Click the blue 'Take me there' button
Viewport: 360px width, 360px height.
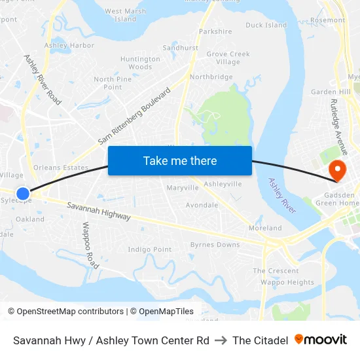[x=180, y=160]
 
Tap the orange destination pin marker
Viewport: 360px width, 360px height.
[x=338, y=171]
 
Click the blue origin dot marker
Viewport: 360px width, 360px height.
[x=23, y=194]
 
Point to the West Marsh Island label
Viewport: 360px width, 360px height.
[x=126, y=15]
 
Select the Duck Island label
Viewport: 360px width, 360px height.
[x=266, y=26]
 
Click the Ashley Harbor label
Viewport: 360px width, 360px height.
[x=69, y=46]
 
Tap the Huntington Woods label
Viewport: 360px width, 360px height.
[x=140, y=63]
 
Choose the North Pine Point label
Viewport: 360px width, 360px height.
[x=113, y=83]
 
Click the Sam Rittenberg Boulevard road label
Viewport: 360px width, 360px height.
[x=134, y=117]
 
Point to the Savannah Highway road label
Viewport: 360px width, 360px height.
[x=98, y=211]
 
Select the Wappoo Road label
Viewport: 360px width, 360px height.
[x=90, y=245]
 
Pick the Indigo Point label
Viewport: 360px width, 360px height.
[x=150, y=249]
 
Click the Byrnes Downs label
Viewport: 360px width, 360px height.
[x=215, y=245]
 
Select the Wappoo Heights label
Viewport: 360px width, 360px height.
[x=287, y=283]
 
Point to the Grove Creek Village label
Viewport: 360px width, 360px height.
[x=228, y=58]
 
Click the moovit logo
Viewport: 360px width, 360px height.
[x=321, y=340]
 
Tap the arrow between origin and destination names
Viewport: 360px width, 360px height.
[x=221, y=340]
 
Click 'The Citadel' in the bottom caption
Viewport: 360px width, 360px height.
[x=260, y=340]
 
